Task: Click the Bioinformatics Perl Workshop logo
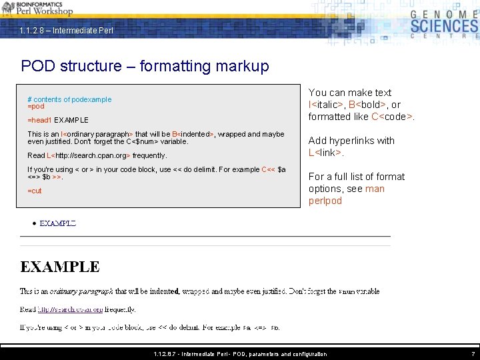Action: point(37,8)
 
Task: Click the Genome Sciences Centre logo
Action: point(443,25)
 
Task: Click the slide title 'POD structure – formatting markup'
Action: point(145,66)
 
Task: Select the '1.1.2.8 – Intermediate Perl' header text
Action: point(67,31)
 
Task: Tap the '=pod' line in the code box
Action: point(36,107)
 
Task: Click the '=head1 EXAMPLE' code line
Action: point(58,120)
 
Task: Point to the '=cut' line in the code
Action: point(35,191)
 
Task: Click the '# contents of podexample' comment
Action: point(69,99)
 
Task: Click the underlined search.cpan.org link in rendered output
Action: point(71,309)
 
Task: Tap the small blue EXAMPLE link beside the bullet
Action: point(58,223)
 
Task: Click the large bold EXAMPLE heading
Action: point(60,267)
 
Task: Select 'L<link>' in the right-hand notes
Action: point(325,153)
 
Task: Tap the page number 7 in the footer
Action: point(473,354)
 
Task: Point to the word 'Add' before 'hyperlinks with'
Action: point(318,141)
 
